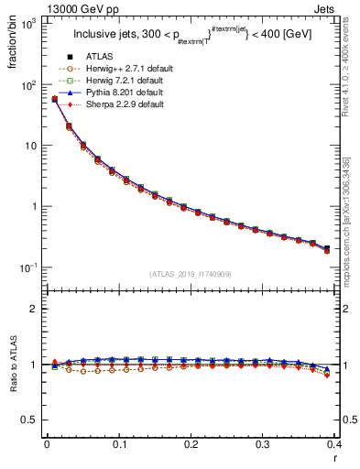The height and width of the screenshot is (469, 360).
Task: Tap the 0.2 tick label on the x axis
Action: [x=191, y=447]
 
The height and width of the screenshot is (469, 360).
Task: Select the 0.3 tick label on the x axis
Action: [x=262, y=447]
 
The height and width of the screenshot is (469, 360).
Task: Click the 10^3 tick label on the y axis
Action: [x=29, y=25]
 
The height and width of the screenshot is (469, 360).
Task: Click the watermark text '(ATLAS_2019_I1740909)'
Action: [x=191, y=274]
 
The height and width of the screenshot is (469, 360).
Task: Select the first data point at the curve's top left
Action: [x=54, y=99]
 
